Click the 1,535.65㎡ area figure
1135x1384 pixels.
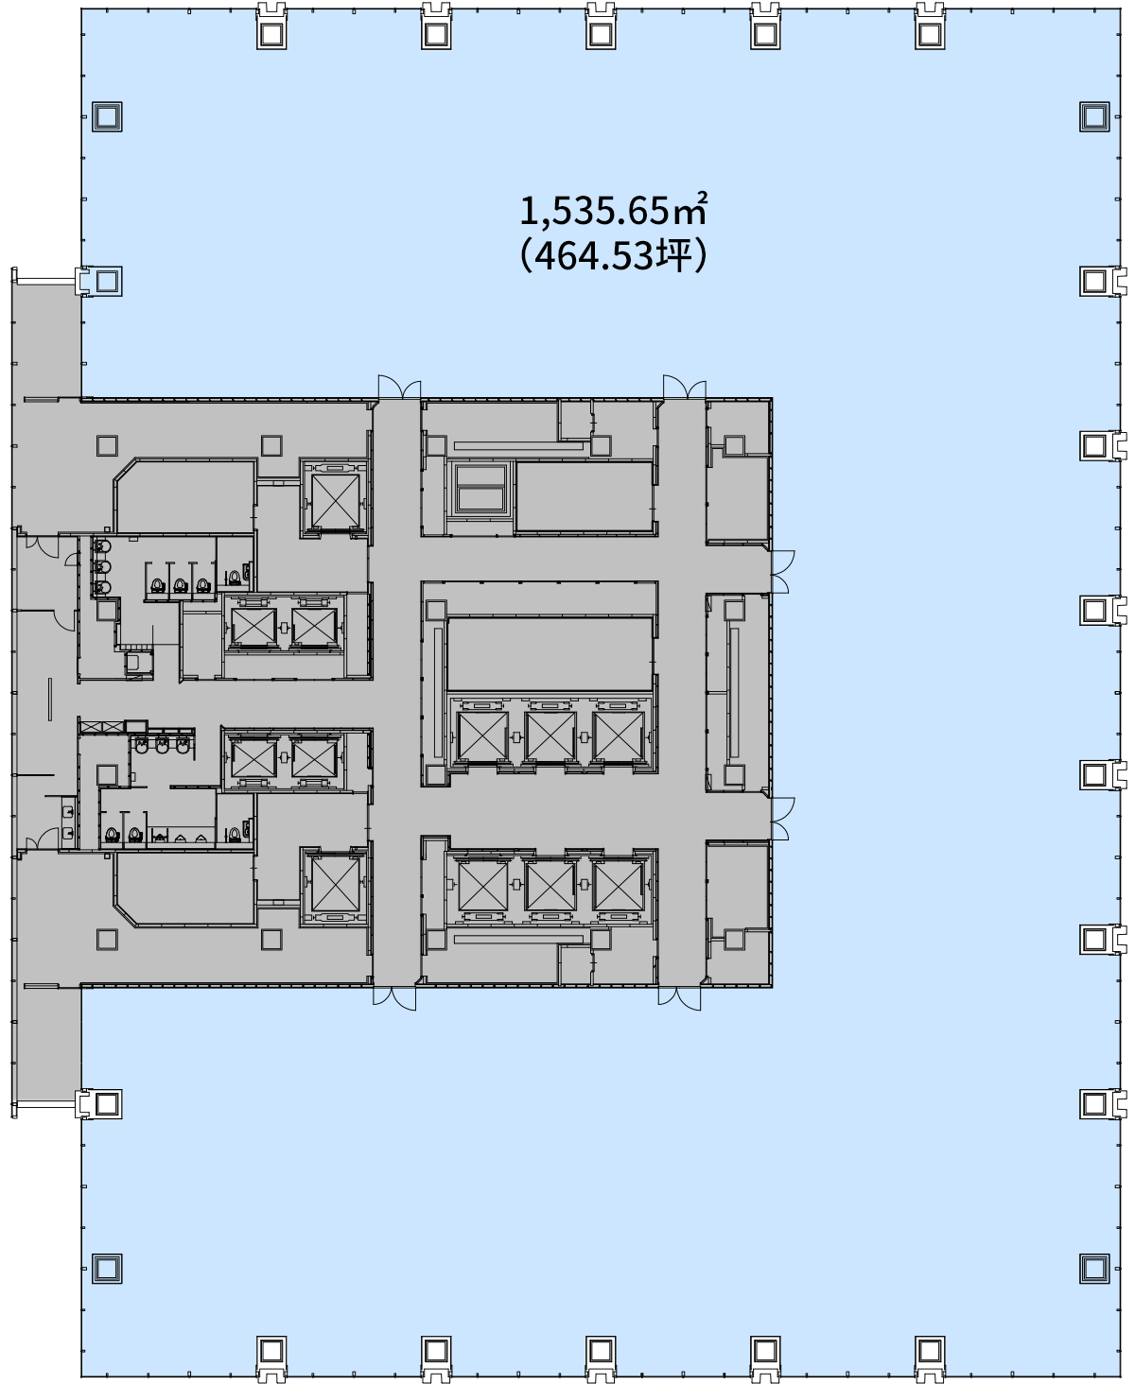point(613,212)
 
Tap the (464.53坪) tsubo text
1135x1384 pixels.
point(613,256)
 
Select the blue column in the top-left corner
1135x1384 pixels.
point(107,117)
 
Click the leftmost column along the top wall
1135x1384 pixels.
point(271,26)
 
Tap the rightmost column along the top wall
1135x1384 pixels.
point(930,26)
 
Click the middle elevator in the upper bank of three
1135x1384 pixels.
point(550,736)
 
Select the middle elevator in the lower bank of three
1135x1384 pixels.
point(550,886)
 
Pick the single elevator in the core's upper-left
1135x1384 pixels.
point(336,501)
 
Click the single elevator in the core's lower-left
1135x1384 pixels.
point(336,885)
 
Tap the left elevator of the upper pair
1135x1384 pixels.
point(253,627)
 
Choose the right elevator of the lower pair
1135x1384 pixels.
point(314,758)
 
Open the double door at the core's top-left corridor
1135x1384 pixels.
point(399,388)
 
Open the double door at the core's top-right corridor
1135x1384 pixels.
point(685,388)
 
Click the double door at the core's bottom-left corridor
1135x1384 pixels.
point(394,997)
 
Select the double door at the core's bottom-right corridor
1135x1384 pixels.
point(679,997)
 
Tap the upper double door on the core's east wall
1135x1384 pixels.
point(782,572)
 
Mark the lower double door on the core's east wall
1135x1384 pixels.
point(782,819)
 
